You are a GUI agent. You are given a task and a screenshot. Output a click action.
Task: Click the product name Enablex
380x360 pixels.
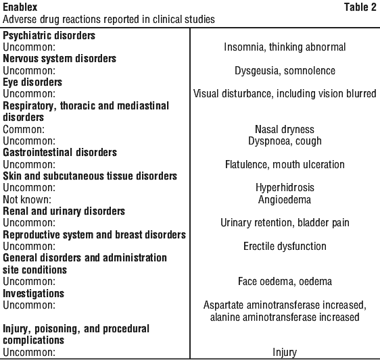tap(20, 7)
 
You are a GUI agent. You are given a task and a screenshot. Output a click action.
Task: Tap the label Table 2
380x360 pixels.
tap(360, 7)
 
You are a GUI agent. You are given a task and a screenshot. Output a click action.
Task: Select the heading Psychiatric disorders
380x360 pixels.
tap(49, 36)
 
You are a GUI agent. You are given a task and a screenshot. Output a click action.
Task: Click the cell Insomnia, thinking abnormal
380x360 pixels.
tap(285, 47)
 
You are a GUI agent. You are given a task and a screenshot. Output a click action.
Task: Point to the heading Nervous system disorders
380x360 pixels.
tap(60, 59)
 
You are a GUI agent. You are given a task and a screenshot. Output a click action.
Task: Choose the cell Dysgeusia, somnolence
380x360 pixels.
tap(285, 71)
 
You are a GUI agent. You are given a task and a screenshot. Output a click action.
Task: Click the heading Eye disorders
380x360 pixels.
tap(32, 82)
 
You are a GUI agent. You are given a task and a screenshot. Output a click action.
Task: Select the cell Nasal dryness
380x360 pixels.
tap(285, 129)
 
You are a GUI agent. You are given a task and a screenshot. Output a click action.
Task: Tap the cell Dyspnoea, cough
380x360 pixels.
tap(285, 141)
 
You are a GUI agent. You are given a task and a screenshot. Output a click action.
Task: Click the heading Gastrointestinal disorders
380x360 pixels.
tap(60, 153)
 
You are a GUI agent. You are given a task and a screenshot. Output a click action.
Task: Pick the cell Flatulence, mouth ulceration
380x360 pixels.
tap(285, 164)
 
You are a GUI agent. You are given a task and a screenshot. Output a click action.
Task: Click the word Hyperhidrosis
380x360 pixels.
tap(285, 188)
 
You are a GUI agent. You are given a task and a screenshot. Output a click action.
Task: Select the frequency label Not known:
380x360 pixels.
tap(27, 199)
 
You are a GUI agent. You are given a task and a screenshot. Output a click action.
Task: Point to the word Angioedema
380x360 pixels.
tap(285, 200)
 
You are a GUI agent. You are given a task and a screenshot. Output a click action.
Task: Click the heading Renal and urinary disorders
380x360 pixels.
tap(64, 211)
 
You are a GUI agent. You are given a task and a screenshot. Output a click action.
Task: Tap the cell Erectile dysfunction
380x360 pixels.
tap(285, 247)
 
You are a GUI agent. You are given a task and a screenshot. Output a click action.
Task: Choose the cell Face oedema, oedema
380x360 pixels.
tap(285, 282)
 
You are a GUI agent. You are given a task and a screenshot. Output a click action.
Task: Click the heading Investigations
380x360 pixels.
tap(33, 293)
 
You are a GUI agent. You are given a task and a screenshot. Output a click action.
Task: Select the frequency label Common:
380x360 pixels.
tap(24, 129)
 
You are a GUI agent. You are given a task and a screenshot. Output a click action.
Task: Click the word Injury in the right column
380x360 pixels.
tap(285, 353)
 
